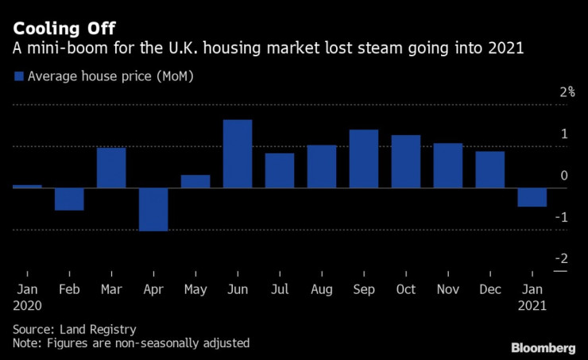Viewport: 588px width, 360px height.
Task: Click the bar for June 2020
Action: (x=238, y=154)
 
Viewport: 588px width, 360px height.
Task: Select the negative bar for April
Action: (x=153, y=210)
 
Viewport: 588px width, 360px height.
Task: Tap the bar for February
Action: (x=69, y=199)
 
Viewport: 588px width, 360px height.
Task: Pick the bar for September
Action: (x=364, y=159)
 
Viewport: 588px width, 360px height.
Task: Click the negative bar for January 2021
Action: (x=532, y=197)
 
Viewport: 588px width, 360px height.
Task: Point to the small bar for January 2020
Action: (x=27, y=187)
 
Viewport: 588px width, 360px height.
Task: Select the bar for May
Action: (x=195, y=182)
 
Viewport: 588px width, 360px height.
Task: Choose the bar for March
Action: (x=111, y=168)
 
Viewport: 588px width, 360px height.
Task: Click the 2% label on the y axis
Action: (x=567, y=92)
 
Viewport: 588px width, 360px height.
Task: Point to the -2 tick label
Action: (x=563, y=259)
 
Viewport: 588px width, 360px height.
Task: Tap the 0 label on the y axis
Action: (x=564, y=176)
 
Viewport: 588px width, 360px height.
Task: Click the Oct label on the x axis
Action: (x=405, y=289)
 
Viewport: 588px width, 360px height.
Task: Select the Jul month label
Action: (x=279, y=289)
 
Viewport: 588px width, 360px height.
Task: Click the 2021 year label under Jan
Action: (x=532, y=304)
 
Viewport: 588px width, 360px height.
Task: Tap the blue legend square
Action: (x=19, y=76)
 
